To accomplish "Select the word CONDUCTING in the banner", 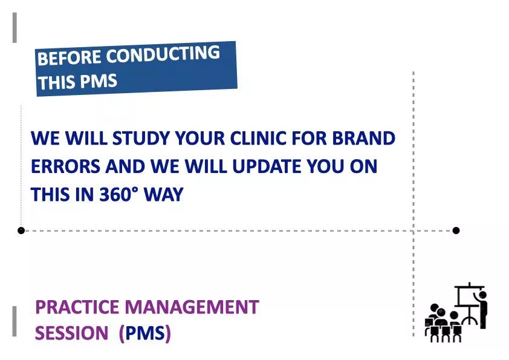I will [x=163, y=55].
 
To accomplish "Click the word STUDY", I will [x=142, y=139].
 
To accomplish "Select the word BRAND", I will [x=364, y=139].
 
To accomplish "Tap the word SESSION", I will [x=73, y=333].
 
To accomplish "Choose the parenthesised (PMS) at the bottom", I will [x=145, y=333].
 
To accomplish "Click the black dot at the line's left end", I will [x=21, y=231].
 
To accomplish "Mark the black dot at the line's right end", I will [x=456, y=231].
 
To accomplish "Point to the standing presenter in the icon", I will [x=482, y=309].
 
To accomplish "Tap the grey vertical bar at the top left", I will [x=15, y=28].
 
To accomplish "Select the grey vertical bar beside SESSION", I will [x=15, y=321].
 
